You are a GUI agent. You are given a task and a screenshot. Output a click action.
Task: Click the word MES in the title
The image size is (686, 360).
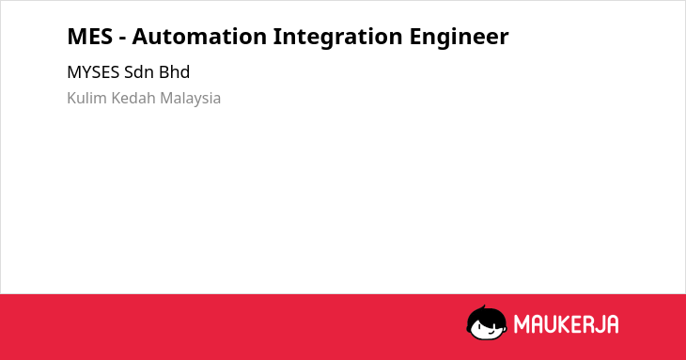click(x=89, y=37)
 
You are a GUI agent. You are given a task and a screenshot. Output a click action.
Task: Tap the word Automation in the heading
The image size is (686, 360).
click(x=199, y=37)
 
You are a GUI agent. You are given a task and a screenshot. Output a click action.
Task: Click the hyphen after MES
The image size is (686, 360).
click(x=122, y=39)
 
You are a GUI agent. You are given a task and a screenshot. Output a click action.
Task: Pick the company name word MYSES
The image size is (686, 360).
click(x=93, y=72)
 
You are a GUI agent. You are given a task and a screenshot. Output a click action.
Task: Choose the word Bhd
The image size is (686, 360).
click(x=174, y=72)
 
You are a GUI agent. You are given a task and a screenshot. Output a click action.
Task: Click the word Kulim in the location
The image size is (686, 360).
click(x=87, y=98)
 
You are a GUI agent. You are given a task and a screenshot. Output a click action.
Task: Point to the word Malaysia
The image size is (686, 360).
click(x=191, y=99)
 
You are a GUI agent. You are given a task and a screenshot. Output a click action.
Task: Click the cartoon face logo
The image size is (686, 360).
click(x=487, y=322)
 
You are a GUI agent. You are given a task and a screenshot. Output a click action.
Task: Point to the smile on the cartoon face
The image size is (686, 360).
click(x=491, y=332)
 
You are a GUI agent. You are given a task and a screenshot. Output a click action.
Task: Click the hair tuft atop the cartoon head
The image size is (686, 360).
click(x=483, y=307)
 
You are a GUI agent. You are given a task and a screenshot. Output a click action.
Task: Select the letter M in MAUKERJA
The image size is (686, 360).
click(x=522, y=324)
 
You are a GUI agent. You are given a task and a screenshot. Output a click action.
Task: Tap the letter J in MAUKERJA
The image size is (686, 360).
click(x=600, y=324)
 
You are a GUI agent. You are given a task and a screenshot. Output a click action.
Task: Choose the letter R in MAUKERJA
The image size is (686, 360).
click(x=587, y=324)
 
